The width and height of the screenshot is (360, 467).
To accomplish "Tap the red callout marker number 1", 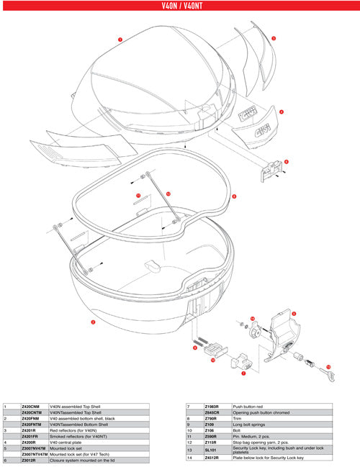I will coord(120,38).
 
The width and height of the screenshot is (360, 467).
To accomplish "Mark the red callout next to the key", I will coord(328,367).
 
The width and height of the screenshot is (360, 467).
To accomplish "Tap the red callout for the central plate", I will coord(280,112).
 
